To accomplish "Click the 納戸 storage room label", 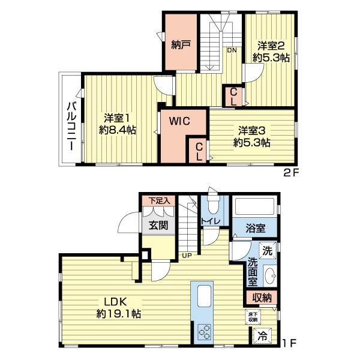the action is [x=181, y=45].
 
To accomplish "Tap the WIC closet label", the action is [x=179, y=121].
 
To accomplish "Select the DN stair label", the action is [x=232, y=50].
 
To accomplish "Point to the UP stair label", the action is [x=187, y=256].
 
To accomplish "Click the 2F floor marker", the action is [x=291, y=173].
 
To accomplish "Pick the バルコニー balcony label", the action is [x=71, y=126].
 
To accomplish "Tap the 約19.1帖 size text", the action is [x=119, y=314].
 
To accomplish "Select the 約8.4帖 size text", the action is [x=118, y=130].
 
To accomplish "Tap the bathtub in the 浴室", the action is [x=255, y=206].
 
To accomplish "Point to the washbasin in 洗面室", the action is [x=271, y=275].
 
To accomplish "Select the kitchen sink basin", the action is [x=204, y=296].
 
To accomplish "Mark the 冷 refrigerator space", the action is [x=262, y=336].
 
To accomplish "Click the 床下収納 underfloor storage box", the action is [x=253, y=317].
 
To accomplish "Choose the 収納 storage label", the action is [x=262, y=298].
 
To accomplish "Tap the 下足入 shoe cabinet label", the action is [x=159, y=200].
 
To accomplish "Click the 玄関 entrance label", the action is [x=158, y=225].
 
